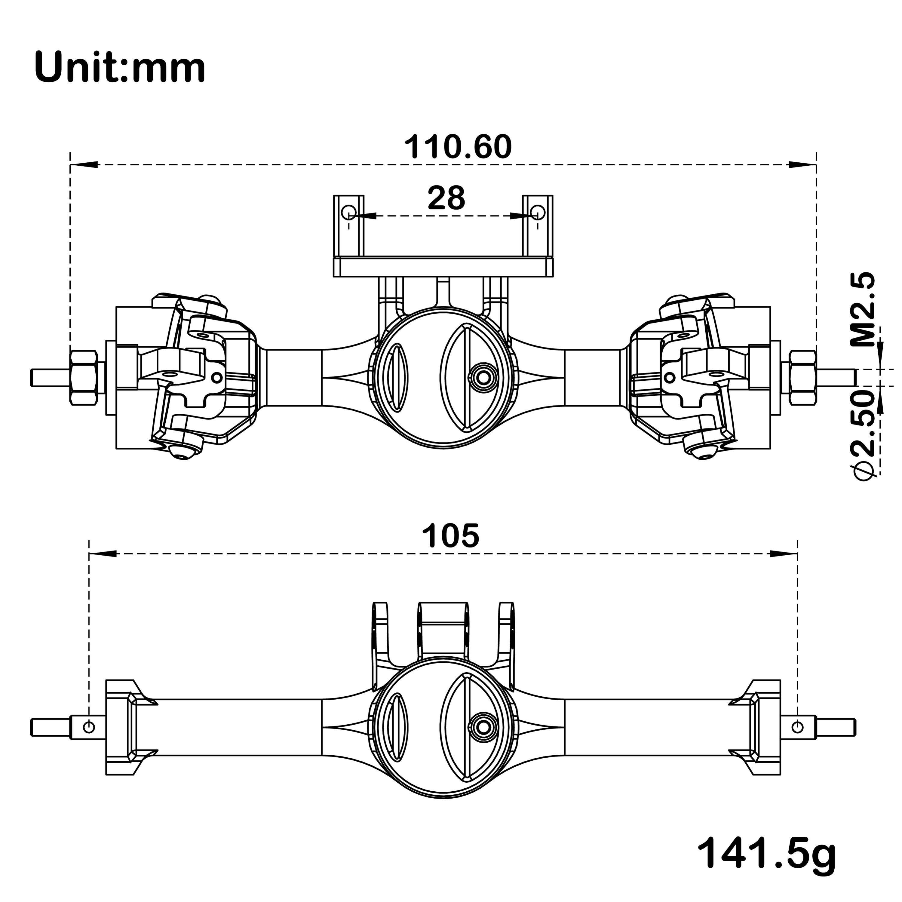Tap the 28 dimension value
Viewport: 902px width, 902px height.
point(446,198)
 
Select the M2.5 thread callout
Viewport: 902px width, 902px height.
point(862,310)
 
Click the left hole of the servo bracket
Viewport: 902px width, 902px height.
point(348,213)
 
